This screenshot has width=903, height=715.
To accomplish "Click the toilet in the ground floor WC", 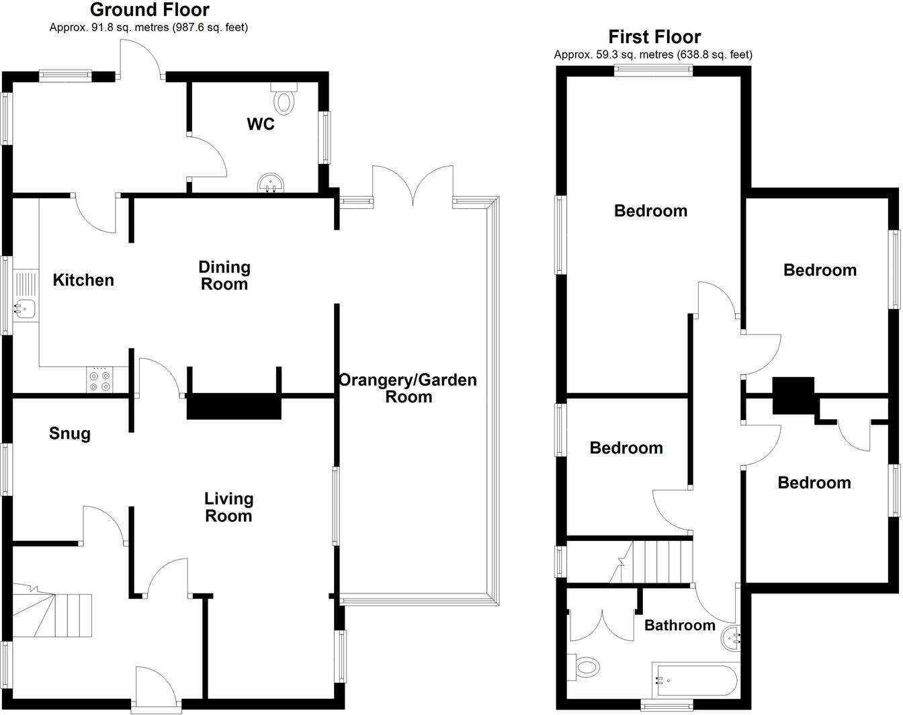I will tap(284, 99).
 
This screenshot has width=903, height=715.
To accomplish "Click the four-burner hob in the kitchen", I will tap(100, 380).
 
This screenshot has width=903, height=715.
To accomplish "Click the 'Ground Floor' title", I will tap(149, 10).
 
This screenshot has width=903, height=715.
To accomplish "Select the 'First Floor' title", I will tap(654, 37).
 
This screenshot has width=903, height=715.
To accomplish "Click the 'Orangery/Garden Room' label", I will tap(408, 388).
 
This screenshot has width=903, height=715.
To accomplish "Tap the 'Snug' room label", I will tap(70, 434).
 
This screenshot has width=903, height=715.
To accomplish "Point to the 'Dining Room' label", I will tap(224, 276).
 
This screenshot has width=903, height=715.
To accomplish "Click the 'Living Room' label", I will tap(228, 507).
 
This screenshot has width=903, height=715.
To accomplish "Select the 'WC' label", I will tap(260, 124).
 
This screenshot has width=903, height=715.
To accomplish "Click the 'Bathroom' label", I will tap(679, 626).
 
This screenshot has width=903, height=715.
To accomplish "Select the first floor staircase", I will tap(655, 562).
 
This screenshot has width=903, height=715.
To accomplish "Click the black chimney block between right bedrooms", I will tap(793, 395).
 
